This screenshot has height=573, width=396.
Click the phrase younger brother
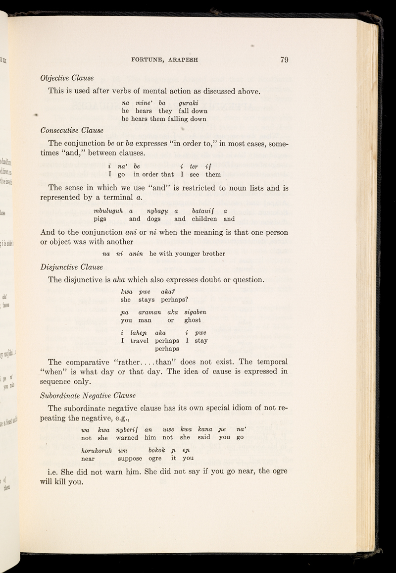200,254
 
